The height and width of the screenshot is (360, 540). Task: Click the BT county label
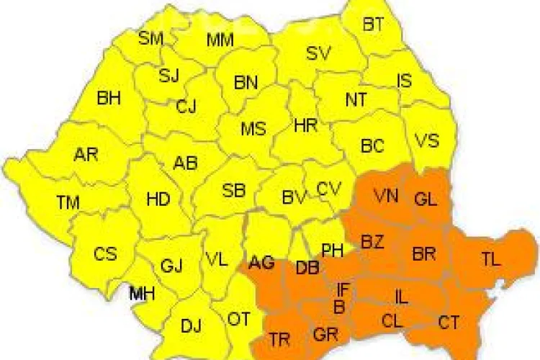tap(373, 24)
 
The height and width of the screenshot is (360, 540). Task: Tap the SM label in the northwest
tap(151, 38)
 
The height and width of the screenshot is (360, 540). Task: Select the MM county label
tap(220, 40)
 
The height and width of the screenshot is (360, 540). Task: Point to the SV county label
tap(317, 53)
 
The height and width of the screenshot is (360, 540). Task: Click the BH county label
tap(109, 98)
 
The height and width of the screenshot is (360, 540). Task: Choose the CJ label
tap(186, 107)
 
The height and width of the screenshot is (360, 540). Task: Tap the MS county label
tap(253, 130)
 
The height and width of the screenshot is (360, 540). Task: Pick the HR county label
tap(306, 126)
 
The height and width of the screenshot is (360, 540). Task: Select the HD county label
tap(158, 199)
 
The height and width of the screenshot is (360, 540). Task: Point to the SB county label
tap(233, 191)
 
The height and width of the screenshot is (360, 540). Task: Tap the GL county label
tap(426, 200)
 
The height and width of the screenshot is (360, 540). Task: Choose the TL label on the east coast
tap(491, 260)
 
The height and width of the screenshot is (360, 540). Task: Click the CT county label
tap(449, 322)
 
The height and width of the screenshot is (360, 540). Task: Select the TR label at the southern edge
tap(280, 338)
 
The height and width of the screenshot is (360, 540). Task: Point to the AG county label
tap(261, 264)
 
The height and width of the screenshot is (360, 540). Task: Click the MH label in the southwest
tap(141, 293)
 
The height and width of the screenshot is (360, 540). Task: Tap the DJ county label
tap(191, 326)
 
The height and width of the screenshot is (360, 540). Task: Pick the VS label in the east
tap(427, 140)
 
